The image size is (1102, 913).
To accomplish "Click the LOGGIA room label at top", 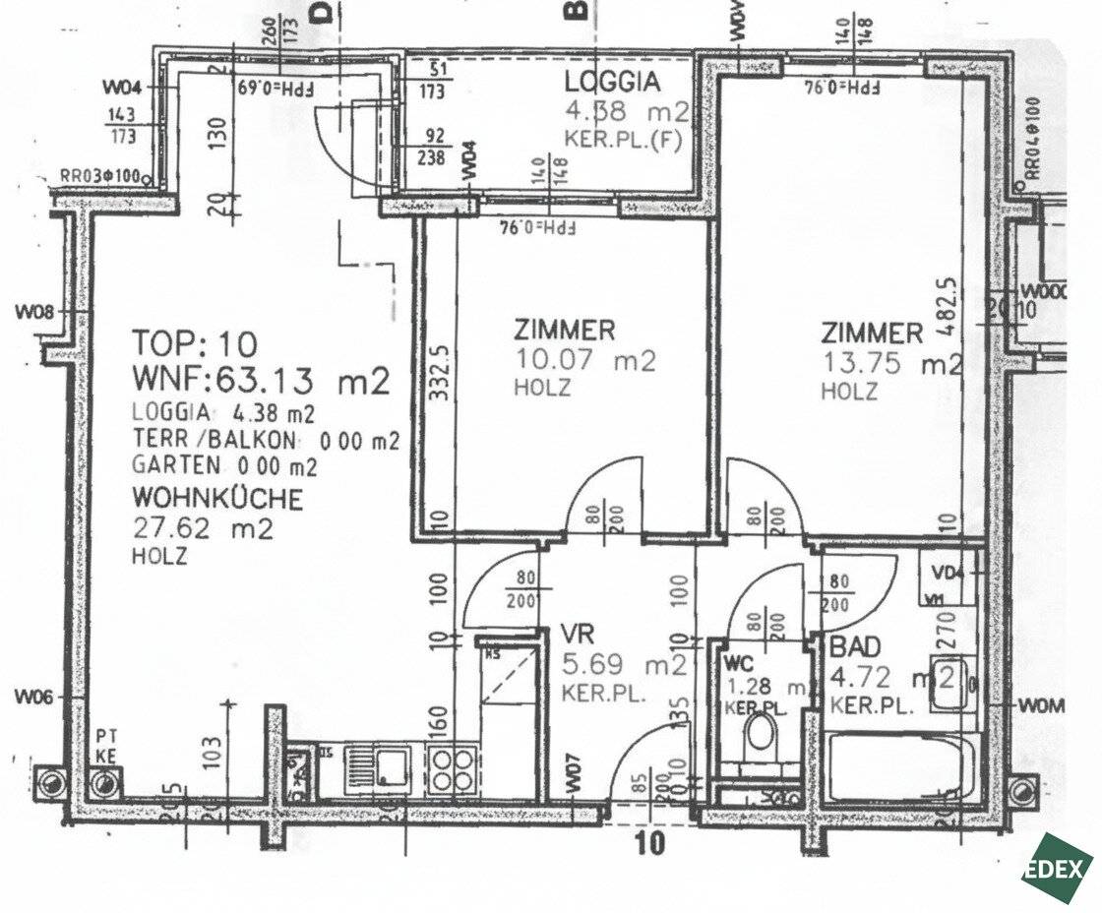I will [x=611, y=81].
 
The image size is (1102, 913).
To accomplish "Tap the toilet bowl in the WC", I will [x=759, y=734].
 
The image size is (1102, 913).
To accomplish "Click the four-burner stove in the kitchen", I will [x=452, y=767].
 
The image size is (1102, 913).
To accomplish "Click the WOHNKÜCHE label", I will [x=217, y=498].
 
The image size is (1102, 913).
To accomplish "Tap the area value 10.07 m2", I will [x=584, y=360].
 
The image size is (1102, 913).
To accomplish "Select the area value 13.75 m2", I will [x=891, y=364].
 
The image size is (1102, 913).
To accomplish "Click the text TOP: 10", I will [x=195, y=343].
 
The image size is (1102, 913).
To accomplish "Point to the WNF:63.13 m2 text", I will [x=262, y=380].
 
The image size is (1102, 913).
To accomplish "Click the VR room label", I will [x=577, y=632].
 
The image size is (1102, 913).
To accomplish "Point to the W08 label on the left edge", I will [x=33, y=313].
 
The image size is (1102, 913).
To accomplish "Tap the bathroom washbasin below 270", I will [x=951, y=680].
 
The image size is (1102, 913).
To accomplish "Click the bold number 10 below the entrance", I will [x=650, y=842].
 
